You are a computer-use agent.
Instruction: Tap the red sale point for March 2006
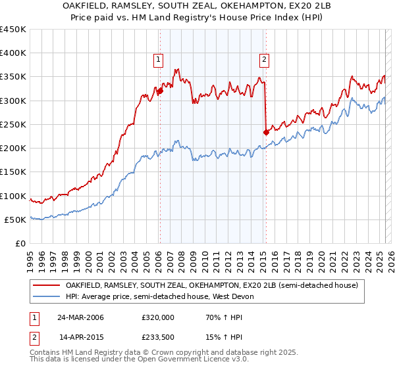[x=159, y=91]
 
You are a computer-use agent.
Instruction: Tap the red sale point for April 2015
[x=266, y=132]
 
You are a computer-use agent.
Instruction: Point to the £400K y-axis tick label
[x=13, y=53]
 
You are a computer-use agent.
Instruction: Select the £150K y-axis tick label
[x=13, y=172]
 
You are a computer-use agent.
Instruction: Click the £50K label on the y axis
[x=16, y=219]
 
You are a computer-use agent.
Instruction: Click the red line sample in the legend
[x=46, y=286]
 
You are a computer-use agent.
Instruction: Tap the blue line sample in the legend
[x=46, y=297]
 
